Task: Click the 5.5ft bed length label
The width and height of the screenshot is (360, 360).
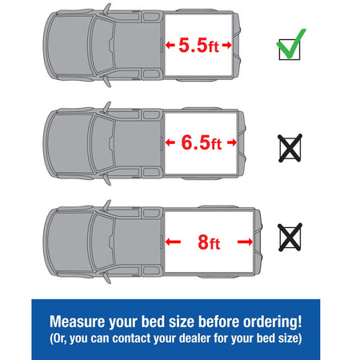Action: (198, 45)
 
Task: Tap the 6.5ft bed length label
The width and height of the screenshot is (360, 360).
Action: (202, 142)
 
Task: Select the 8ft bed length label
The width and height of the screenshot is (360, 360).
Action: (209, 242)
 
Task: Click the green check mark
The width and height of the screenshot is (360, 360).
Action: (291, 44)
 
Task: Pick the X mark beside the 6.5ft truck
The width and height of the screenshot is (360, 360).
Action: (290, 148)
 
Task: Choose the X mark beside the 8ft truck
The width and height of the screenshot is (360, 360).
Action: (290, 238)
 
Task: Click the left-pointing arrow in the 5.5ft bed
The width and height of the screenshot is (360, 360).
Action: (170, 45)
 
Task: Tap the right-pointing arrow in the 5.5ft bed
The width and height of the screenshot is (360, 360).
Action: (226, 45)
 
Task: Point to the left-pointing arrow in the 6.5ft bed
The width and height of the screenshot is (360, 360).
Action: (170, 142)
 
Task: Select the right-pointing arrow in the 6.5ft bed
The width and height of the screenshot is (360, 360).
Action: (232, 142)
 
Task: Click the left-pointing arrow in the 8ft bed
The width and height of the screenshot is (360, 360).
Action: (173, 242)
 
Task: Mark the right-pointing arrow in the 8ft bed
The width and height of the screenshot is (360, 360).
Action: (245, 242)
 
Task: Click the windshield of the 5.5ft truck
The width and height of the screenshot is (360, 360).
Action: (102, 46)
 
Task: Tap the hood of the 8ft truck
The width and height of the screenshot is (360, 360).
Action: (69, 242)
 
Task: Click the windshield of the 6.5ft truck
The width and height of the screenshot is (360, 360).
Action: (102, 143)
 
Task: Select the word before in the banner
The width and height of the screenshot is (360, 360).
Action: (218, 322)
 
